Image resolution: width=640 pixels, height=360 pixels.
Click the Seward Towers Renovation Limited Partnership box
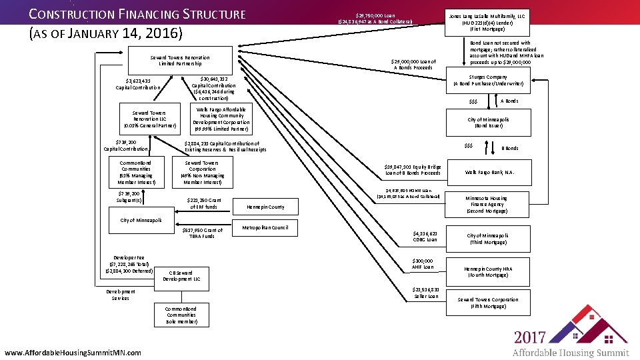(x=180, y=61)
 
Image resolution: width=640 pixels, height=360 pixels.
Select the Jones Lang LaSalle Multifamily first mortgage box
(x=490, y=22)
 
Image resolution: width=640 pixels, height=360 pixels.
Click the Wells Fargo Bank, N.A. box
(x=490, y=172)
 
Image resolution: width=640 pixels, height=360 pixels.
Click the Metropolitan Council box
(x=265, y=228)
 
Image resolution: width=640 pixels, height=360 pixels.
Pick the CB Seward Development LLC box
(x=180, y=275)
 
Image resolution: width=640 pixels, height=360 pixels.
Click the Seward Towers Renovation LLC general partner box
(x=149, y=119)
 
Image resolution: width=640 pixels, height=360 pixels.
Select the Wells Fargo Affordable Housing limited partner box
(x=221, y=119)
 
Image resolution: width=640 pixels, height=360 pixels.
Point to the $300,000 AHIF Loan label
(x=424, y=264)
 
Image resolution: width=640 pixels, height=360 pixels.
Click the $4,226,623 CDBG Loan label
(x=425, y=236)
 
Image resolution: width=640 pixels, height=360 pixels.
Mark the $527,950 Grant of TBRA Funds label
(x=202, y=233)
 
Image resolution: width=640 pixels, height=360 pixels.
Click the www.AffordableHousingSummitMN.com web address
(x=73, y=352)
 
